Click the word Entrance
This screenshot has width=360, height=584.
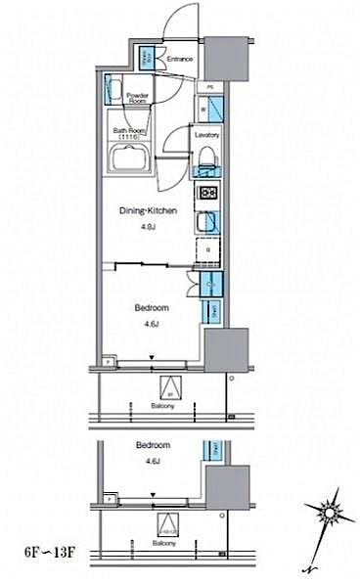click(180, 60)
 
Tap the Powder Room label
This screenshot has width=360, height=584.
click(137, 98)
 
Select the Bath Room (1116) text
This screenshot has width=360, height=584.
click(130, 134)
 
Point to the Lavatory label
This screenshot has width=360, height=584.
click(205, 134)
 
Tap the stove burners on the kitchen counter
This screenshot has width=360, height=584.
click(208, 193)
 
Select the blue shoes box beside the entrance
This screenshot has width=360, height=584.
click(148, 60)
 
